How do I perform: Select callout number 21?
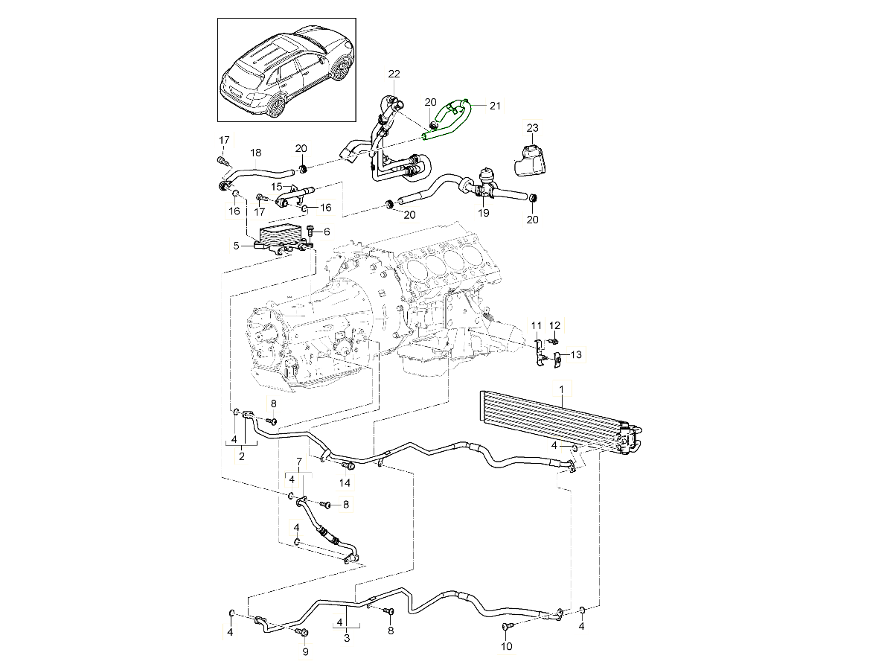[496, 106]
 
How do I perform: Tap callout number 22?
[394, 74]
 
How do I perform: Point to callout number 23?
[532, 128]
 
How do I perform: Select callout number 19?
[484, 213]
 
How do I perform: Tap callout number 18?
[255, 153]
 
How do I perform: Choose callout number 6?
[326, 232]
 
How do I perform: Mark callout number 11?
[536, 325]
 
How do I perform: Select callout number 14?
[345, 482]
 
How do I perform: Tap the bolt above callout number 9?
[301, 633]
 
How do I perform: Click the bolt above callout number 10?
[506, 628]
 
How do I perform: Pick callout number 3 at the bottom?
[347, 637]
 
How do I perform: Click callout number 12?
[554, 325]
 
